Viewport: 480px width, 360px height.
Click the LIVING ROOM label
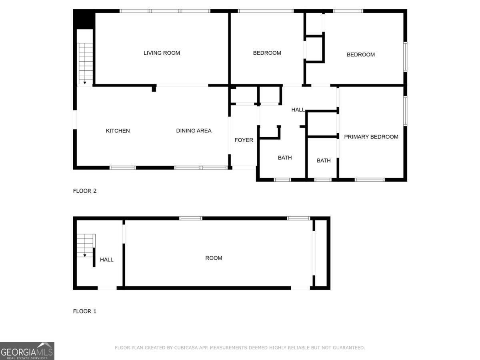point(162,53)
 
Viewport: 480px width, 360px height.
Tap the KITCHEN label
point(118,131)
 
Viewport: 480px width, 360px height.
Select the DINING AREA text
point(194,131)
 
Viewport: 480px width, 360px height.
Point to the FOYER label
point(244,140)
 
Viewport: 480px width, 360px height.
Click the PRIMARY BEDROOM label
point(371,137)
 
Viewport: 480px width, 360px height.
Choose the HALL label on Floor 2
point(298,110)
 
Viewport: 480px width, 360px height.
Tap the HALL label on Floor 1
point(106,260)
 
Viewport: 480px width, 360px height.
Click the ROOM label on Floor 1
point(214,258)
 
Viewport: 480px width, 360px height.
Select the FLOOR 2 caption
point(85,191)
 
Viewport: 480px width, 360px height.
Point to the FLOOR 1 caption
point(85,311)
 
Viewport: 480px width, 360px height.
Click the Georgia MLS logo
point(27,351)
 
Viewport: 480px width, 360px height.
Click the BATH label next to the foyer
point(285,158)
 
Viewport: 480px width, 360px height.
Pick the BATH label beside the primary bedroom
point(324,161)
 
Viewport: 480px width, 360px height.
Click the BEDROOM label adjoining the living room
point(267,53)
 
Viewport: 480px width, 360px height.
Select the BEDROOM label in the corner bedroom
point(361,54)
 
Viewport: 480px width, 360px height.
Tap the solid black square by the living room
point(84,19)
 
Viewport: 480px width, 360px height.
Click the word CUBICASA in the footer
point(186,348)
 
